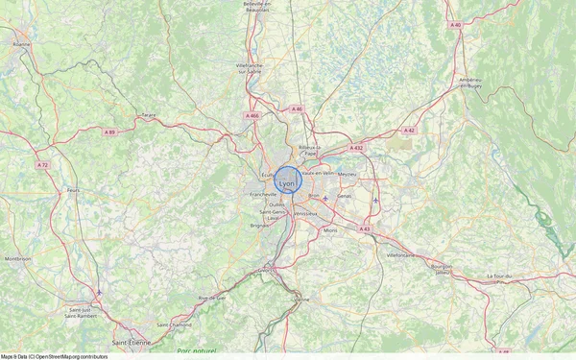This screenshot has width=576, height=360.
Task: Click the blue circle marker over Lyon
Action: [289, 180]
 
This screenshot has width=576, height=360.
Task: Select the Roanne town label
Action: [20, 43]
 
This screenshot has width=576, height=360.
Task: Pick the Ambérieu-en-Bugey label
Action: [470, 84]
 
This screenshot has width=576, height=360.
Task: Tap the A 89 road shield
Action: [109, 132]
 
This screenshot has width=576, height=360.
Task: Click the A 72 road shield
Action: [42, 165]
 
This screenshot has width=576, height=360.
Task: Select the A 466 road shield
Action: [252, 115]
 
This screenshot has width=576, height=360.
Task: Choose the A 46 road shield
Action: [298, 109]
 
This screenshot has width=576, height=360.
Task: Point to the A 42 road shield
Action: [409, 130]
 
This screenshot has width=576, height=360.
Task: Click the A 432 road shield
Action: [357, 148]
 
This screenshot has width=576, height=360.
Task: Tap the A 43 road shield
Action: [365, 228]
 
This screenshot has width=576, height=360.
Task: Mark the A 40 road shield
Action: [455, 24]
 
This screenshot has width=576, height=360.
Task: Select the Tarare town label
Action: [149, 115]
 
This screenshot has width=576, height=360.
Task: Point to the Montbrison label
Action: [18, 258]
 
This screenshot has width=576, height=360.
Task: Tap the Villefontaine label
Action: [400, 255]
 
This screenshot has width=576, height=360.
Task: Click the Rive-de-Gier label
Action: [212, 299]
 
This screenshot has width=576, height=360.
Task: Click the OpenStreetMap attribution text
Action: [54, 356]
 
